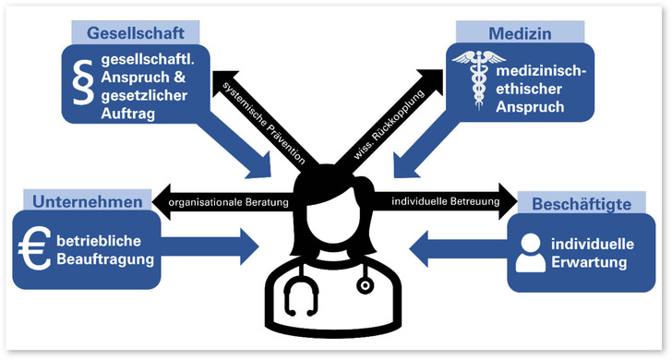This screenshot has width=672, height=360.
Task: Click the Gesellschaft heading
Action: (136, 33)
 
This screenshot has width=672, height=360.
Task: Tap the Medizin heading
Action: (520, 33)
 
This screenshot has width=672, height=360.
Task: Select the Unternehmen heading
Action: (88, 202)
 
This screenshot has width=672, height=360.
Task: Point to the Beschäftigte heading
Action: (582, 204)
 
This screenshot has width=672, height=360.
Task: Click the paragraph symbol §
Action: (83, 82)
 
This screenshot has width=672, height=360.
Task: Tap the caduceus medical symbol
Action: (478, 80)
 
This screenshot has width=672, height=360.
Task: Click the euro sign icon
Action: (34, 248)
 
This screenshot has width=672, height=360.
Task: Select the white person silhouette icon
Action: (531, 253)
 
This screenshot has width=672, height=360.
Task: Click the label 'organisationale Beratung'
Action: (228, 202)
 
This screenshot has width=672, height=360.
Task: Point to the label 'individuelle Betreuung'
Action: (446, 201)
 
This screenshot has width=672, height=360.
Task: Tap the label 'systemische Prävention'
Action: (264, 122)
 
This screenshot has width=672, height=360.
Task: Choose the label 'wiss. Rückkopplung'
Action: (389, 125)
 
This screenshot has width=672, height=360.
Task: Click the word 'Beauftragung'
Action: (105, 259)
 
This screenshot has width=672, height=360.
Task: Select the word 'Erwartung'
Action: (589, 262)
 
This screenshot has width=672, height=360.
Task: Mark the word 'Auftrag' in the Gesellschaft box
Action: (127, 114)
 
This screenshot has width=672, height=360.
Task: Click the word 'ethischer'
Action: (529, 90)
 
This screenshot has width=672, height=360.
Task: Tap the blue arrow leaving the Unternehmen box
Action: (210, 246)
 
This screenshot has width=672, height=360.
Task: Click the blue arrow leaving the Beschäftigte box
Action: (459, 249)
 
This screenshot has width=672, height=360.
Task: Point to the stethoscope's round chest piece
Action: (365, 285)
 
